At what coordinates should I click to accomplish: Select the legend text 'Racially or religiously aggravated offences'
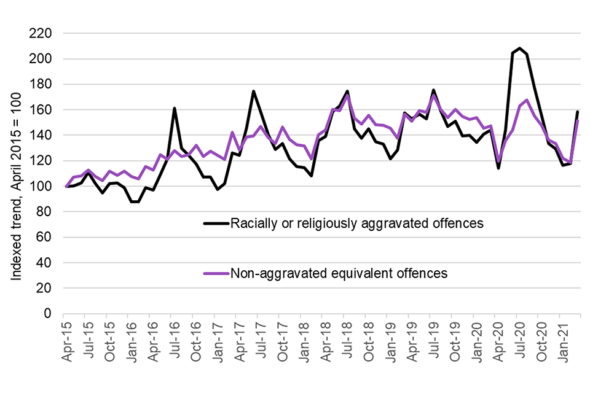356,224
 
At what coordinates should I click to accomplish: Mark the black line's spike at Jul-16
175,109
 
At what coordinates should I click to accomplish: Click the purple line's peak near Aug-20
527,100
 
